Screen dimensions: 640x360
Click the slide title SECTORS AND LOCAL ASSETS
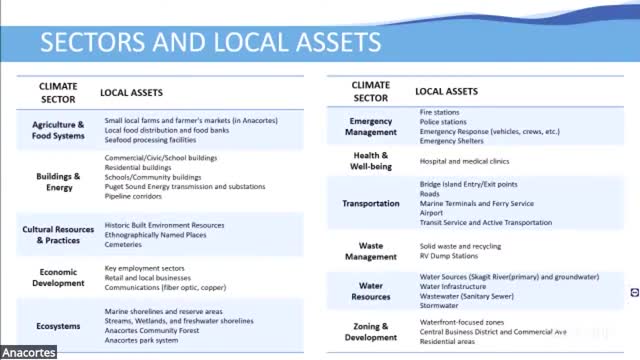click(210, 41)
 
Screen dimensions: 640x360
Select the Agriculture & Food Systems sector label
click(58, 130)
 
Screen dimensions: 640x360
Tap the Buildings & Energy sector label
click(58, 181)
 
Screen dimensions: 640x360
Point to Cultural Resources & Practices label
click(58, 234)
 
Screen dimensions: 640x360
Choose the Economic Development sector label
click(58, 277)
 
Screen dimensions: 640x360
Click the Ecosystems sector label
click(58, 325)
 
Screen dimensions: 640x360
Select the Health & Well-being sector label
click(371, 160)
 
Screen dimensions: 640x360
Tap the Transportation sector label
click(371, 203)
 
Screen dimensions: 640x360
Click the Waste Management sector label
click(371, 250)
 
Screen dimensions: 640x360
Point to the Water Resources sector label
click(371, 290)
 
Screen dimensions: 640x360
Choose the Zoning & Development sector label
click(371, 331)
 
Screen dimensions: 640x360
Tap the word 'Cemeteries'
click(125, 245)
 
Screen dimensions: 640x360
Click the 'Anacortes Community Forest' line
click(152, 331)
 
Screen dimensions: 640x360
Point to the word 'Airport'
click(432, 213)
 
